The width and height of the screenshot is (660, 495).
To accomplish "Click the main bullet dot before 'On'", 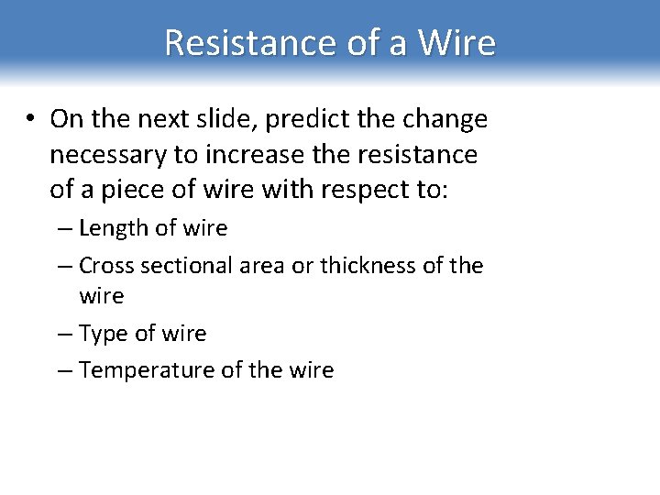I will [31, 119].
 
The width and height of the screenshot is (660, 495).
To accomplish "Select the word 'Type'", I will [102, 335].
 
